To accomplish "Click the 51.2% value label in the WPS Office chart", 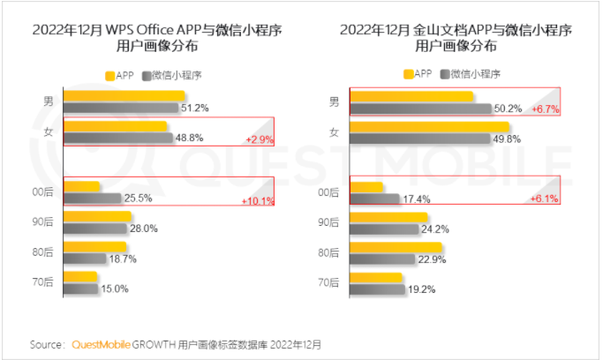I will click(194, 109).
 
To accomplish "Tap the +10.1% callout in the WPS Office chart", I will click(257, 200).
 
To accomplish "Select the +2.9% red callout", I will click(259, 140).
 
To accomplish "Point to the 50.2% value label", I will click(508, 109).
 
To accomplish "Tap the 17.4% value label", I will click(414, 199).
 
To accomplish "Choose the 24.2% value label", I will click(434, 229).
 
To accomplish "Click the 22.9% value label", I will click(433, 259).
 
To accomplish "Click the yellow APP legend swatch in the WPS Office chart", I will click(110, 75).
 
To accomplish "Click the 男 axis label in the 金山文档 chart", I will click(335, 102).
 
